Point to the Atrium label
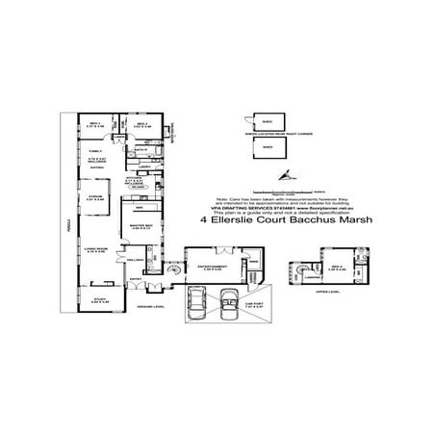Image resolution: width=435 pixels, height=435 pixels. (x=95, y=198)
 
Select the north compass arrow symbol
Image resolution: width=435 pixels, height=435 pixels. (x=285, y=174)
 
